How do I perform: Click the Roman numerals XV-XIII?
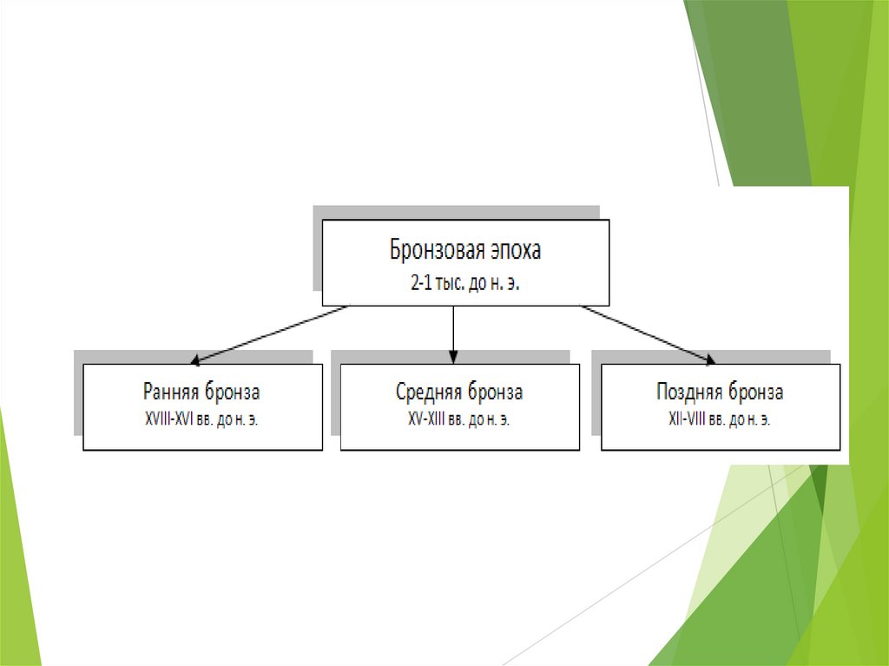point(421,419)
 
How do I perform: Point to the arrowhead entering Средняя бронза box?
point(453,357)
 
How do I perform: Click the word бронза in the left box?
point(233,392)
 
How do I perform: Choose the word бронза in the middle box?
point(494,392)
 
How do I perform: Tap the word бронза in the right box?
point(755,392)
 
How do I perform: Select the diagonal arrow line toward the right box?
point(647,333)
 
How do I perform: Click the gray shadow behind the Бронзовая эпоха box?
point(317,252)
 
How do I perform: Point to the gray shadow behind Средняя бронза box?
point(335,399)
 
